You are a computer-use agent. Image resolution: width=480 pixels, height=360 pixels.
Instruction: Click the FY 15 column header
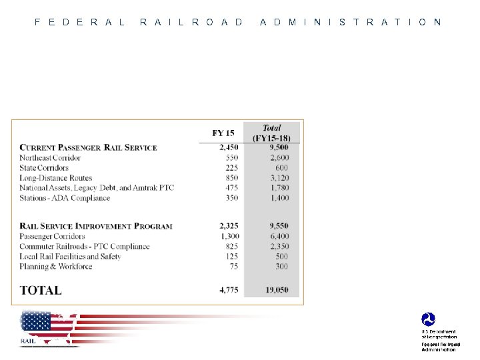223,133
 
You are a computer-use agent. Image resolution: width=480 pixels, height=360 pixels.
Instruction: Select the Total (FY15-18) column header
271,133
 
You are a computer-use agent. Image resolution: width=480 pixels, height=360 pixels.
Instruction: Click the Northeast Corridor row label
50,158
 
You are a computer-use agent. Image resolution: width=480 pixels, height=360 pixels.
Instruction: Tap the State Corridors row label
44,168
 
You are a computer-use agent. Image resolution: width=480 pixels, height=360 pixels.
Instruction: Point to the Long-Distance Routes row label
56,178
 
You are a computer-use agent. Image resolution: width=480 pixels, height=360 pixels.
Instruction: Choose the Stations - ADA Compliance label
65,198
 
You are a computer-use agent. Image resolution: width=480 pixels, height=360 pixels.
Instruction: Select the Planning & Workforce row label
56,267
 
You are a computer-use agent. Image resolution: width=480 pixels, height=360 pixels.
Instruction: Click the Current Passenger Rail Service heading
88,147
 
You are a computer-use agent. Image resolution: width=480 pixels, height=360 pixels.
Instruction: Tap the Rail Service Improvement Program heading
96,226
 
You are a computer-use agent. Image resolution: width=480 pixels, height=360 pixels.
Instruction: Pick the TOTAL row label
41,290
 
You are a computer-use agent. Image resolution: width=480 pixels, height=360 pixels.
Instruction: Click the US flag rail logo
49,328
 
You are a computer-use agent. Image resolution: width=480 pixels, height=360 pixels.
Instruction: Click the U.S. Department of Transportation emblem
427,320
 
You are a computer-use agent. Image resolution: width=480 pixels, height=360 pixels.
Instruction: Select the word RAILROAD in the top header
192,22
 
